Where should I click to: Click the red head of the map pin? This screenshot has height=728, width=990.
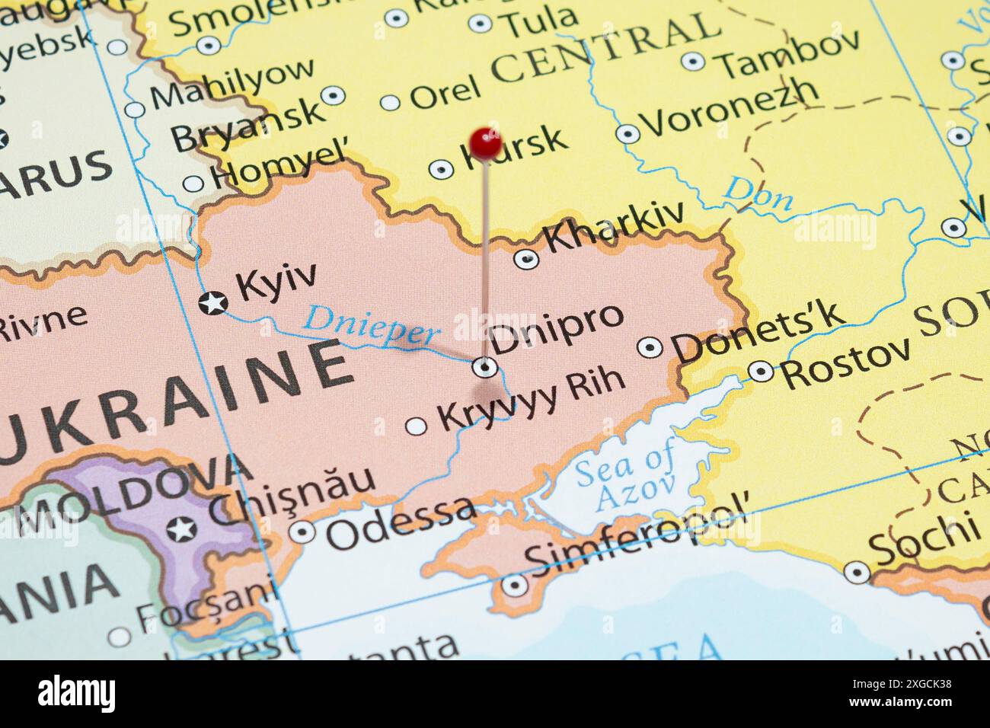click(485, 142)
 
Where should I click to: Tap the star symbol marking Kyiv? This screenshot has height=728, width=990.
click(212, 302)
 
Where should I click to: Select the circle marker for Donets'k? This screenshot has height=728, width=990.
click(649, 347)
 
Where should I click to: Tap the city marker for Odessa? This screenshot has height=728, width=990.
click(302, 532)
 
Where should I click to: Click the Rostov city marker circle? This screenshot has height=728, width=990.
click(761, 371)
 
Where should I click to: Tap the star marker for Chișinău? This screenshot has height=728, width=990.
click(181, 528)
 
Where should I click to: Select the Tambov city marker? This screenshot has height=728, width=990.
click(691, 61)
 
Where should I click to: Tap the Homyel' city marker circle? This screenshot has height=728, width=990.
click(193, 184)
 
